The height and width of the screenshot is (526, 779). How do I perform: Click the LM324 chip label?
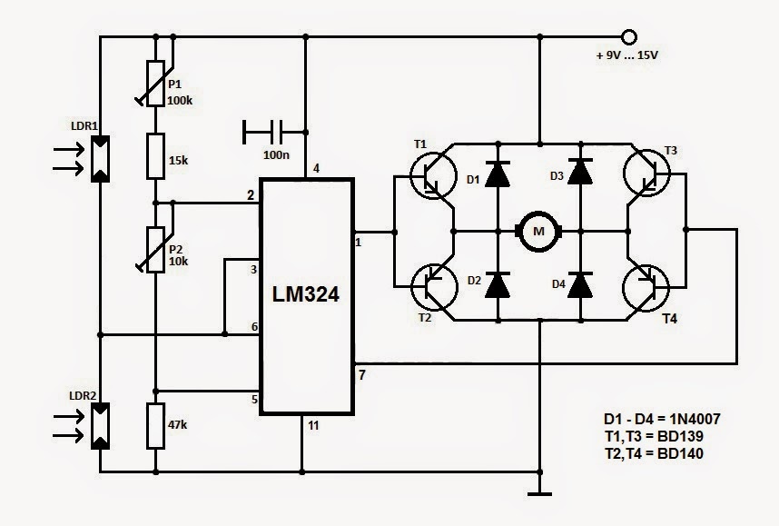(306, 293)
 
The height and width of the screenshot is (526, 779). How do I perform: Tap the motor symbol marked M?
(538, 231)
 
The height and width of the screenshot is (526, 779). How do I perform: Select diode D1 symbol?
(498, 174)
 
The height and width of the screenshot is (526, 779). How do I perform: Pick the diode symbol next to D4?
(580, 285)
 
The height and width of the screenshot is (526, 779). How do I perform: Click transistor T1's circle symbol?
(433, 175)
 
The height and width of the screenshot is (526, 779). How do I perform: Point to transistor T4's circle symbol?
(646, 288)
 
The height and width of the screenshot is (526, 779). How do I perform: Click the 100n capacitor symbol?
(274, 133)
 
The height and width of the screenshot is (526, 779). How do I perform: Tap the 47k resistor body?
(155, 426)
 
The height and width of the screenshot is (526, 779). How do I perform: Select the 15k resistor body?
(155, 156)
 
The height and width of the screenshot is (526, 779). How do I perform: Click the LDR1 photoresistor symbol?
(100, 159)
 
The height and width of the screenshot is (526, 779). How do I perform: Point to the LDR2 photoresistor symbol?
(100, 426)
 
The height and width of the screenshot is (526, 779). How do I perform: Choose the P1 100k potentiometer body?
(155, 84)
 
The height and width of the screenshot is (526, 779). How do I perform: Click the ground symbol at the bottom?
(539, 493)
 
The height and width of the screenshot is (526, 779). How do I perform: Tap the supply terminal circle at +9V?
(629, 36)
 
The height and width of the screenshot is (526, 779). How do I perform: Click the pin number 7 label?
(362, 375)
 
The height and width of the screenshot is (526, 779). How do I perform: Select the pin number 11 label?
(313, 425)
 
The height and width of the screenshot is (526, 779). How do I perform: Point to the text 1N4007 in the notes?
(691, 419)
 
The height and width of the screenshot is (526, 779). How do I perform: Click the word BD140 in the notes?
(680, 453)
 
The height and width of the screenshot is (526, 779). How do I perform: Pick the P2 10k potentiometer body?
(155, 250)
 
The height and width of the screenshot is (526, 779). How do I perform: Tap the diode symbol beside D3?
(580, 172)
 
